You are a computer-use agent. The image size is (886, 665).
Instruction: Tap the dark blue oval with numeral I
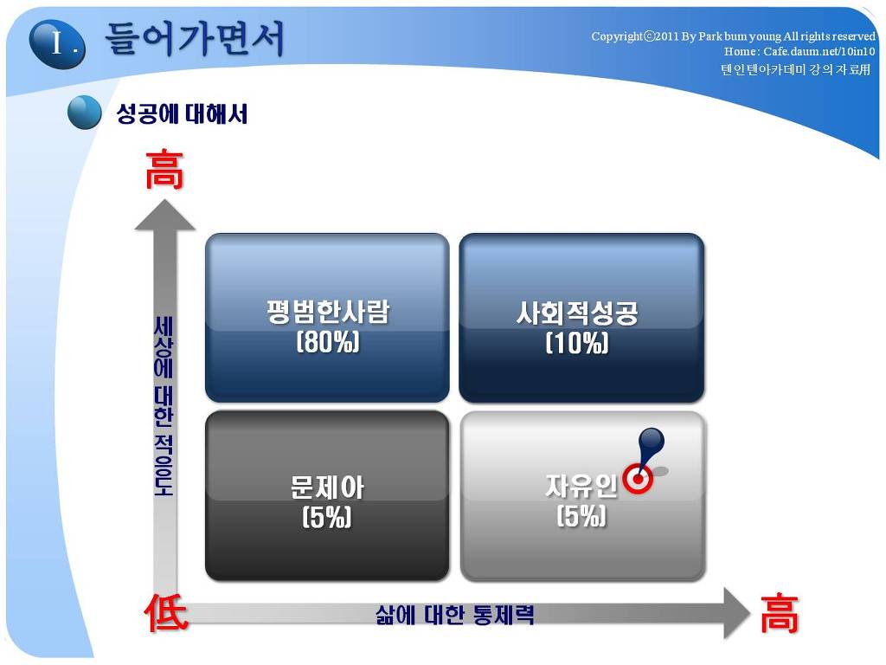tap(57, 43)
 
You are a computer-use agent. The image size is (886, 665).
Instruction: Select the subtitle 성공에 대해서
tap(182, 113)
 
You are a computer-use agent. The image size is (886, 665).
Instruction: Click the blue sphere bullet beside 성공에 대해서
tap(84, 112)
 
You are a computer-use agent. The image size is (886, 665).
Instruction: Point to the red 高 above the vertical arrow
tap(164, 169)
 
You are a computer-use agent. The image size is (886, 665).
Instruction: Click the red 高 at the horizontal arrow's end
tap(780, 613)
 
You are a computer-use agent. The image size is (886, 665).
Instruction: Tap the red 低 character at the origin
tap(165, 613)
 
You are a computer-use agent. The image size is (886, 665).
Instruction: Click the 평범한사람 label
tap(328, 312)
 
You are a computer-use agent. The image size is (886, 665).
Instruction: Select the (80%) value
tap(328, 342)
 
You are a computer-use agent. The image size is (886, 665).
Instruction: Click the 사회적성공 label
tap(577, 313)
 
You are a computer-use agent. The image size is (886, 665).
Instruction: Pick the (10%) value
tap(577, 343)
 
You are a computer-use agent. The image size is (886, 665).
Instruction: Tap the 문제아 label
tap(327, 487)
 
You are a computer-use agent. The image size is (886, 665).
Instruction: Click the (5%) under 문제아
tap(327, 517)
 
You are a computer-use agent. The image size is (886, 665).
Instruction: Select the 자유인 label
tap(581, 486)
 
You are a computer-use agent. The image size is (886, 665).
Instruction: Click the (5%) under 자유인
tap(581, 516)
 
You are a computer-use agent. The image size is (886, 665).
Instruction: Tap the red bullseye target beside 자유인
tap(638, 479)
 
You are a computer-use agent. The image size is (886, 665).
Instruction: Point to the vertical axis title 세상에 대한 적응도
tap(164, 406)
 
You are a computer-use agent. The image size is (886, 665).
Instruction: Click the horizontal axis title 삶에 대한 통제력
tap(454, 615)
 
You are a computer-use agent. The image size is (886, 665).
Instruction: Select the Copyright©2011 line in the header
tap(733, 36)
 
